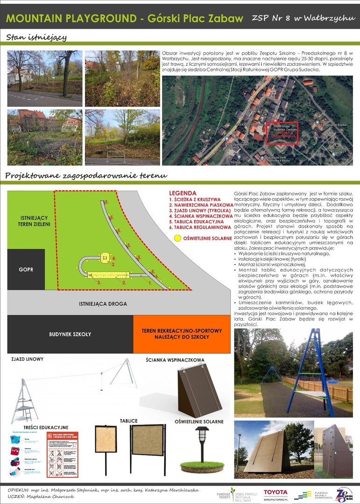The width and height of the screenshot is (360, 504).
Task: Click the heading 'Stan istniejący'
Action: (x=37, y=37)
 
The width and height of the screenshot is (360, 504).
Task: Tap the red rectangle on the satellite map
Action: (x=282, y=133)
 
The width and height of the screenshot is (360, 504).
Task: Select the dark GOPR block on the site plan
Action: (x=26, y=269)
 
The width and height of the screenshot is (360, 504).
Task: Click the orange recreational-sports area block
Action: (x=182, y=334)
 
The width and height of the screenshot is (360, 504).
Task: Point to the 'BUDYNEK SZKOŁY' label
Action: (x=70, y=334)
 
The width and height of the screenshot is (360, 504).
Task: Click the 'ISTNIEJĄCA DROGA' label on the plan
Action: (x=103, y=304)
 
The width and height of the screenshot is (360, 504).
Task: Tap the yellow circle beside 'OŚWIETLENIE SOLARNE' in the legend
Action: (x=177, y=238)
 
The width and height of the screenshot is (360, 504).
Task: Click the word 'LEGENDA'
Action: (x=183, y=193)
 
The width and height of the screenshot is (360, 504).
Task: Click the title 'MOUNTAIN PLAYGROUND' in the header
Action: (x=70, y=19)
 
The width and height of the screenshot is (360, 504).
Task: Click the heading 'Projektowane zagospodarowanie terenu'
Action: (x=86, y=175)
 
